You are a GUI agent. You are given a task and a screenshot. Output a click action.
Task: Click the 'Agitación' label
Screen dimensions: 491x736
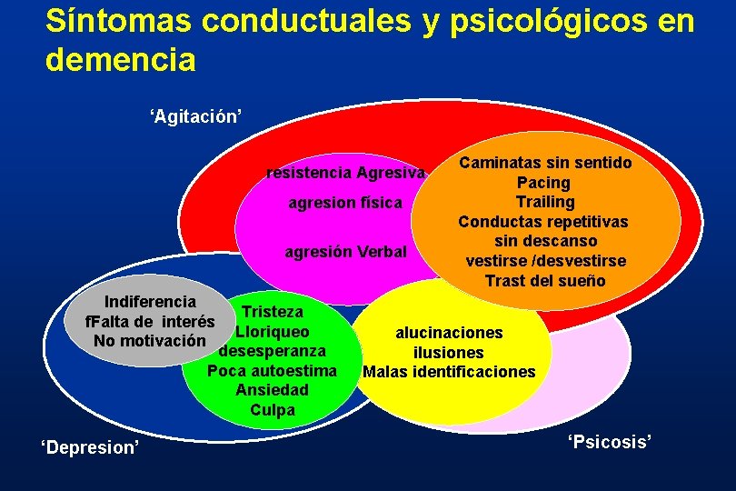[x=195, y=116]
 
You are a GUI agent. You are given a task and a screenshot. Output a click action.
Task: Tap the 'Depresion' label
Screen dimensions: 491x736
[x=91, y=447]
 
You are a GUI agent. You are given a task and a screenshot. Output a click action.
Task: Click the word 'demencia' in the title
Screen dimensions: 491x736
[x=120, y=60]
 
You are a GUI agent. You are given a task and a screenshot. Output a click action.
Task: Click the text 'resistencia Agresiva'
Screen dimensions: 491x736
[x=344, y=173]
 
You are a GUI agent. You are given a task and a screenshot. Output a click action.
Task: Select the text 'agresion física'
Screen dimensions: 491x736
[x=344, y=203]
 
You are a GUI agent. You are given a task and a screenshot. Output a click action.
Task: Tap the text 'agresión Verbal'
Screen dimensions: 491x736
[x=346, y=251]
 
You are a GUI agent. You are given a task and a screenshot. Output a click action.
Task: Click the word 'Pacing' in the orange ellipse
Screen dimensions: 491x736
[x=544, y=183]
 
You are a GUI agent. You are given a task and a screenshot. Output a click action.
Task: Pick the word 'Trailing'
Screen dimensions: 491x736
[x=545, y=202]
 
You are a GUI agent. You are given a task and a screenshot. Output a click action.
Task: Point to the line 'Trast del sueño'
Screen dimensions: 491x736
[x=545, y=281]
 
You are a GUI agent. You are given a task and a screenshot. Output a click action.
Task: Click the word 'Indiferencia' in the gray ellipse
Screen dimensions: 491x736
[x=150, y=302]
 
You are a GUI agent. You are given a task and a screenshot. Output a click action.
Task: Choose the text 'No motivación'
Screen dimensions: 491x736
[x=149, y=341]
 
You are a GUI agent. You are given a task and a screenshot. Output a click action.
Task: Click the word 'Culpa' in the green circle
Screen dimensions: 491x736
[x=273, y=410]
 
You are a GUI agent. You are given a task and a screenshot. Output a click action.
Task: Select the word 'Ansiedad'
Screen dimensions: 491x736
[x=272, y=390]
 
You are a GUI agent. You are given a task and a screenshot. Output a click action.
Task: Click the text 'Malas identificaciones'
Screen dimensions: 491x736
[x=449, y=372]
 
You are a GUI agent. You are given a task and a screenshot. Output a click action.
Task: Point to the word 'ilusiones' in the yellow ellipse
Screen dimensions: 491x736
[x=449, y=353]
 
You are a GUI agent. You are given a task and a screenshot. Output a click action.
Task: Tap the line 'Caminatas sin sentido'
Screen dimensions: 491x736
[x=545, y=163]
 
